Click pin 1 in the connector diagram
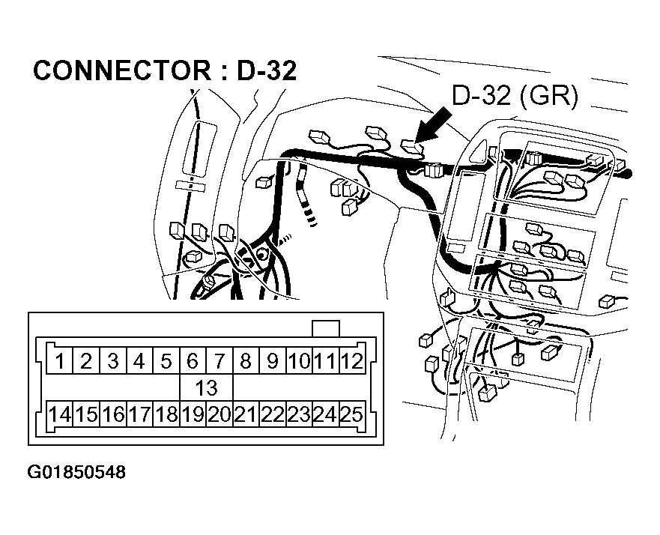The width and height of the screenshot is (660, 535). click(59, 362)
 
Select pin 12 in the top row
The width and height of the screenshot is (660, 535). click(351, 362)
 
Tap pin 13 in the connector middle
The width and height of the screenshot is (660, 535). click(205, 388)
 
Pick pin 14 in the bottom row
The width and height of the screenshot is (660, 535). click(59, 414)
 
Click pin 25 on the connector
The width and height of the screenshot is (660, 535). click(351, 414)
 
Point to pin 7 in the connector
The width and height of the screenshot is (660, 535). click(219, 362)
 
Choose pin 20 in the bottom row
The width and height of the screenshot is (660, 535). click(219, 414)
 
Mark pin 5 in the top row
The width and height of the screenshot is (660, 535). click(166, 362)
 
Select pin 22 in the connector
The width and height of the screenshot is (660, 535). click(273, 414)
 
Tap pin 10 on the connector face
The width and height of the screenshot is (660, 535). click(299, 362)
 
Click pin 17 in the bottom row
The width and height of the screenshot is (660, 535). click(139, 414)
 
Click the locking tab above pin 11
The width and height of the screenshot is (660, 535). click(326, 329)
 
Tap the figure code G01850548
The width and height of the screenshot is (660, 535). click(76, 473)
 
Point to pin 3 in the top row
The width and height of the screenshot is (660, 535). click(112, 362)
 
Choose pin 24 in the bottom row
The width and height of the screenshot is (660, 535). click(325, 414)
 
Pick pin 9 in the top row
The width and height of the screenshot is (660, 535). click(273, 362)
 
